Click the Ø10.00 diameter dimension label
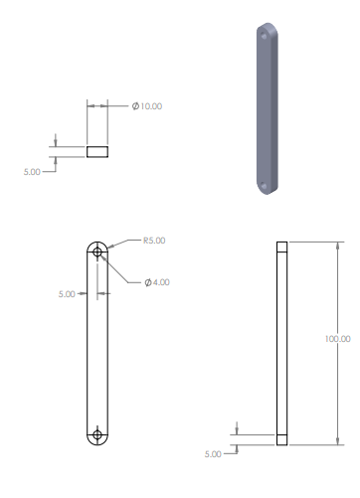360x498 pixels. click(x=147, y=106)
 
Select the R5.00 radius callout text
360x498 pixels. click(x=154, y=241)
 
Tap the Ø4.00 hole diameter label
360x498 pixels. click(x=157, y=282)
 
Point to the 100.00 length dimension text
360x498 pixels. click(x=337, y=339)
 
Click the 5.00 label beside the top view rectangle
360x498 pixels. click(x=32, y=172)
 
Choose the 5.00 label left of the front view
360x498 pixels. click(x=67, y=294)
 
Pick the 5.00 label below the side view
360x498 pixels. click(x=213, y=454)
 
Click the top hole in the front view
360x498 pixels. click(x=97, y=252)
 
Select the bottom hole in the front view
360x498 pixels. click(x=97, y=434)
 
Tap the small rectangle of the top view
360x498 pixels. click(x=97, y=152)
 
